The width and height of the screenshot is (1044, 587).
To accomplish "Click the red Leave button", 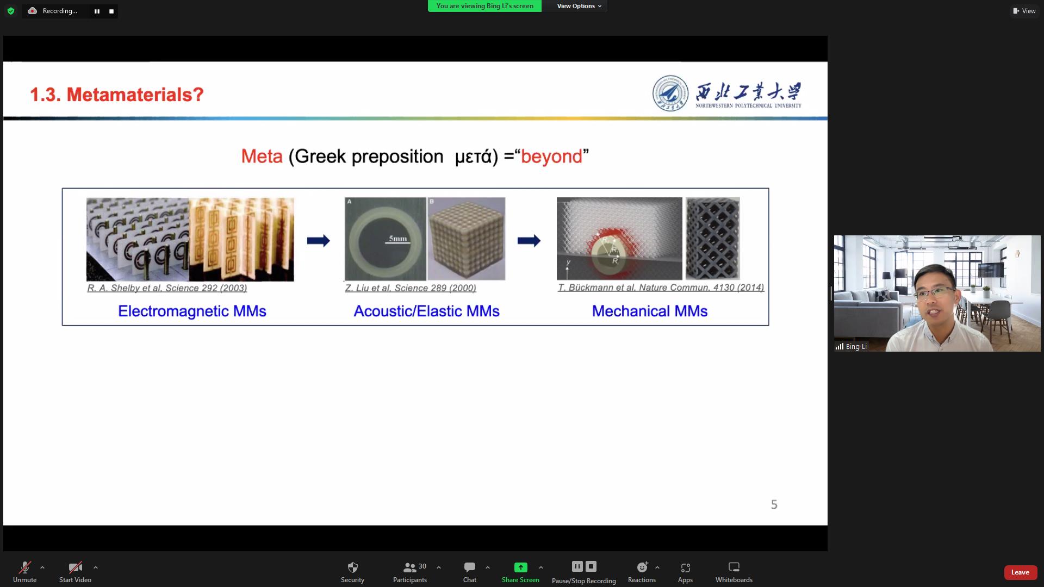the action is [x=1020, y=572].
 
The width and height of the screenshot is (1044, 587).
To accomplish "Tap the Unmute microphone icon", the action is [x=25, y=567].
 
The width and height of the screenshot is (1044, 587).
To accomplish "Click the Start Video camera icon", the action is [x=75, y=567].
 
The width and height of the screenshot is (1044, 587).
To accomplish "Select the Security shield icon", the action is [x=352, y=567].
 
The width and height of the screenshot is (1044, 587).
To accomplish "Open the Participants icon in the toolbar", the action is [x=409, y=567].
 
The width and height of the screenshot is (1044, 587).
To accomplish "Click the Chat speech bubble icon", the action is [x=470, y=567].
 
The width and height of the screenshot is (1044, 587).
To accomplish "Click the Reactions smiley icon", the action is [x=642, y=567].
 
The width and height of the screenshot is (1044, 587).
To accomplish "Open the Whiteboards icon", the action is [x=734, y=567].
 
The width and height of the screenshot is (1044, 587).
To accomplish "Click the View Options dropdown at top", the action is [x=579, y=6].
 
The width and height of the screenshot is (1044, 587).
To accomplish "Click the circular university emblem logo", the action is [x=670, y=93].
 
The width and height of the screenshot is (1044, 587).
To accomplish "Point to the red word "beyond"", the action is [x=551, y=157].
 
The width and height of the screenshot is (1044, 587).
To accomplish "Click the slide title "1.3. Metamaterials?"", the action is [x=117, y=95].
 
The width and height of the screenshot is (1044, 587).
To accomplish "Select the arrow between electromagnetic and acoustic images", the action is [x=319, y=240].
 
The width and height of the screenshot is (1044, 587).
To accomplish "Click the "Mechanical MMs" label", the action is [x=650, y=311].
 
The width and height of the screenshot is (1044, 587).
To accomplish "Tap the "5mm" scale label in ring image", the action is [x=398, y=239].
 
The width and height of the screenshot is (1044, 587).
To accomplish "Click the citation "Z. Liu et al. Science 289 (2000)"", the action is [x=411, y=288].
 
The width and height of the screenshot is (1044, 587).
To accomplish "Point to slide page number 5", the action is [x=774, y=504].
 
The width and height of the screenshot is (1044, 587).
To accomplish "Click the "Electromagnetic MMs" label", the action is [x=192, y=311].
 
